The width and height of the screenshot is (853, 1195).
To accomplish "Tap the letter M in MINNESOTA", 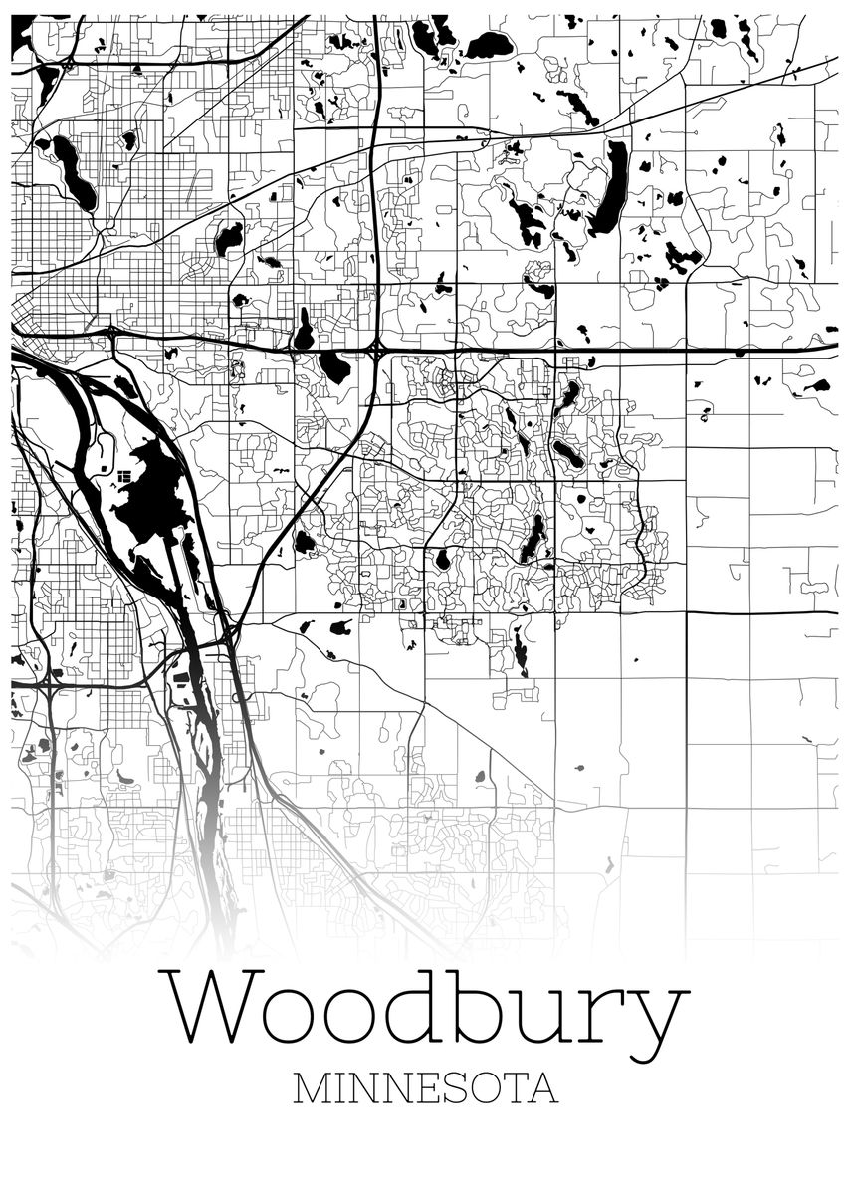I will click(311, 1088).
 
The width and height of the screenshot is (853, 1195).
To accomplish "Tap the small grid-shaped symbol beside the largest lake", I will click(122, 477).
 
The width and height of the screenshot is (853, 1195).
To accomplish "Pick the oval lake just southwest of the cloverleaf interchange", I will click(335, 367).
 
